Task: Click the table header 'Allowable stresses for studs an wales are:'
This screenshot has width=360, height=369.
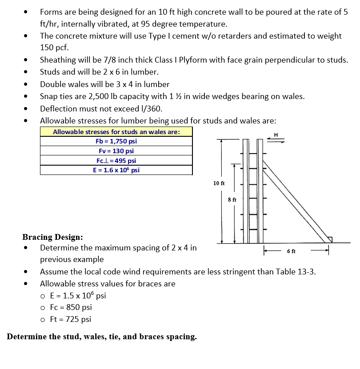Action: pyautogui.click(x=116, y=132)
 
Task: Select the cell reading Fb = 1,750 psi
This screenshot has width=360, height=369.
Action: pyautogui.click(x=116, y=141)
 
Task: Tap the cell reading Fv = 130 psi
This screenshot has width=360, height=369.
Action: pyautogui.click(x=116, y=151)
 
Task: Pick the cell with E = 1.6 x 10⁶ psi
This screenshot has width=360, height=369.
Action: pyautogui.click(x=116, y=170)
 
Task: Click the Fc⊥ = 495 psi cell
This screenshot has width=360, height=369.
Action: pyautogui.click(x=116, y=161)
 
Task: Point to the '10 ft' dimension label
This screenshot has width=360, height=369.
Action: pyautogui.click(x=219, y=183)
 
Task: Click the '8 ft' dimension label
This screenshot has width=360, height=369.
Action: pyautogui.click(x=232, y=200)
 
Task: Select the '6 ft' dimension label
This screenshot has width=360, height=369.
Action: pyautogui.click(x=292, y=251)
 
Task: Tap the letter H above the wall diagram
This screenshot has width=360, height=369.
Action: pyautogui.click(x=276, y=135)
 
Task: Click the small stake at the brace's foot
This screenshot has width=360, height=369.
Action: pyautogui.click(x=329, y=239)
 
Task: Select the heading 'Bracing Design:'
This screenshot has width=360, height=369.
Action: pyautogui.click(x=52, y=237)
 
